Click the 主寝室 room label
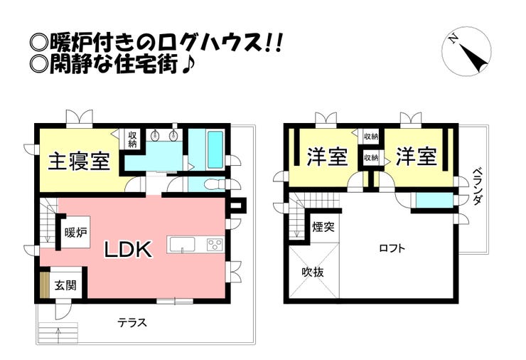(x=78, y=162)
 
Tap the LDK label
(x=129, y=250)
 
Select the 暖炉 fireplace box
(x=75, y=232)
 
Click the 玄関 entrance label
(x=65, y=285)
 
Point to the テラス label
(x=132, y=322)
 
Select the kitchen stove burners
(x=214, y=245)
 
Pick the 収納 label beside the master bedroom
(x=133, y=139)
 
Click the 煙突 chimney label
(x=323, y=228)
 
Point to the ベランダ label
(x=478, y=186)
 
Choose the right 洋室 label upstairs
(x=416, y=157)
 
